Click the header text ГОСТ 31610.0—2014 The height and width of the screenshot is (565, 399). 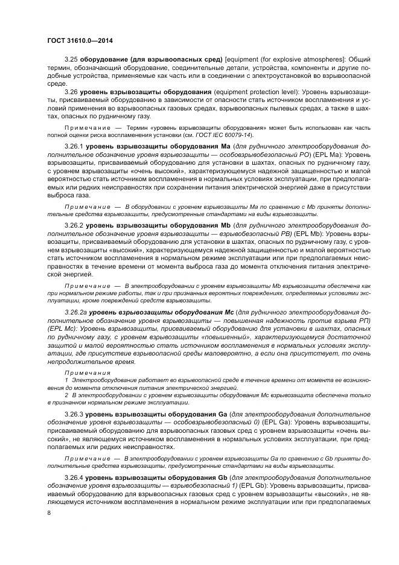[80, 40]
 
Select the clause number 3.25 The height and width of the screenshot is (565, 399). [71, 59]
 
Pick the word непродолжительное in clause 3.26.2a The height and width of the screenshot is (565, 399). [80, 362]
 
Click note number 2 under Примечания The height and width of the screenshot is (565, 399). [66, 394]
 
